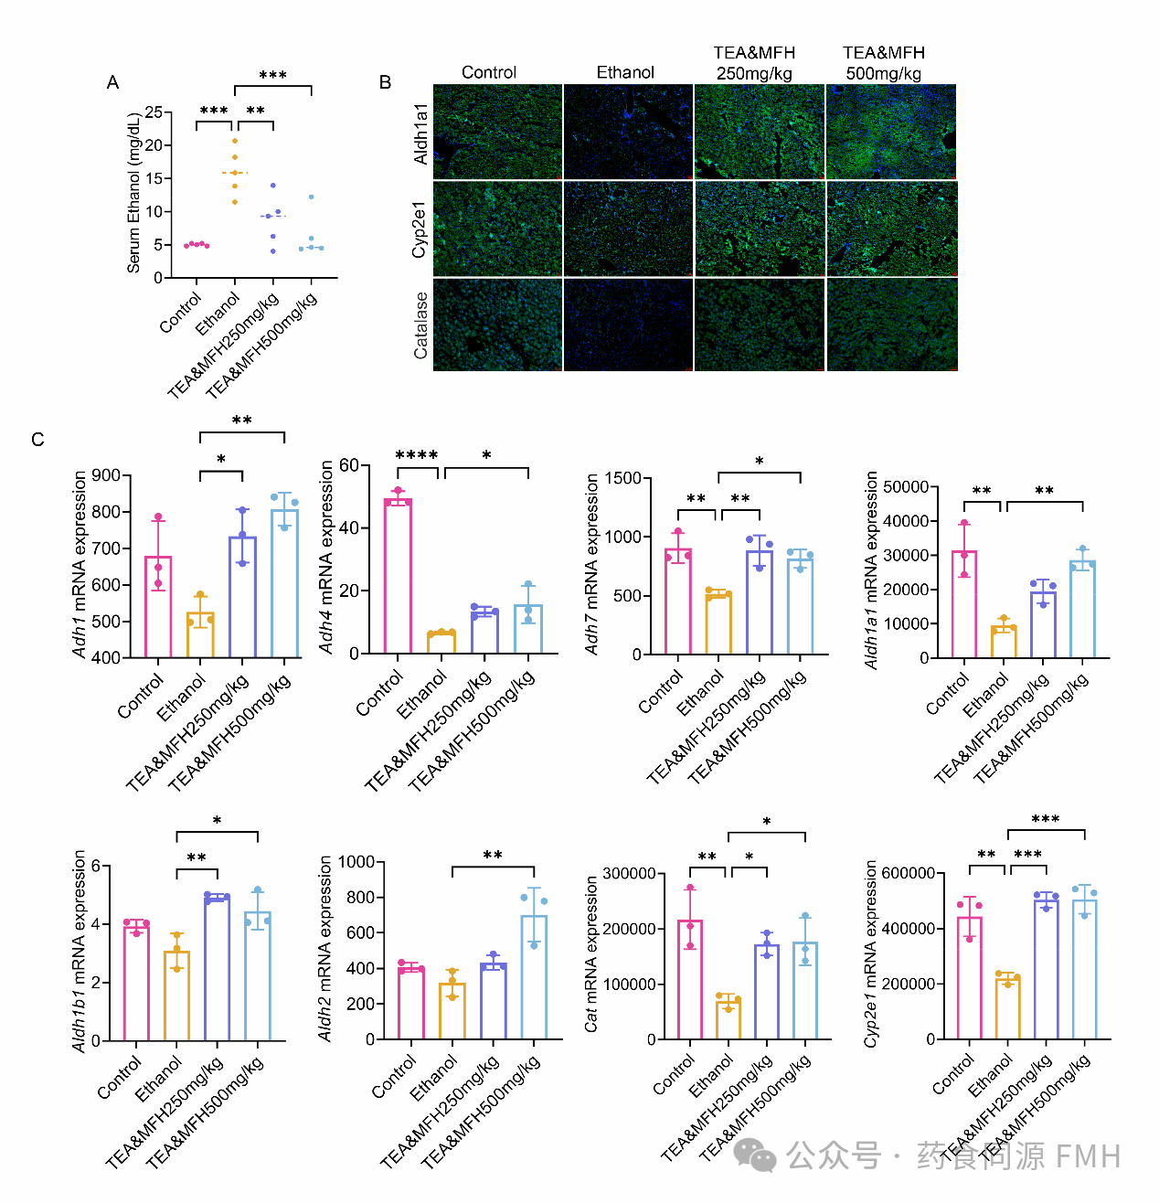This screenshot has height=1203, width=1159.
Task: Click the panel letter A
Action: pos(112,83)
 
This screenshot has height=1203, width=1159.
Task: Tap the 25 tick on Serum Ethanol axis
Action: pos(153,112)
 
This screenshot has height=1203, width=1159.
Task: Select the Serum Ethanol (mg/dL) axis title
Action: pos(134,193)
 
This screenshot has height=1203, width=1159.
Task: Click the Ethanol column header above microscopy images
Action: pos(625,72)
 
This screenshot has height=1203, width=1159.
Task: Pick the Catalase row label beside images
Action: pos(420,325)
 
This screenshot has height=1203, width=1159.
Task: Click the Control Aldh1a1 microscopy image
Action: pos(497,132)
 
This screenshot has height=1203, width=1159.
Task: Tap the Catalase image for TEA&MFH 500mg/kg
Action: pos(891,325)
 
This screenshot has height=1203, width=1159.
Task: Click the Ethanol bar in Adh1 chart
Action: pos(200,634)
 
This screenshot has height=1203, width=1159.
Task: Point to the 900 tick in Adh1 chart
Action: pos(106,475)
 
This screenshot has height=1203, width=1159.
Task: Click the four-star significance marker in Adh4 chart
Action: pos(417,455)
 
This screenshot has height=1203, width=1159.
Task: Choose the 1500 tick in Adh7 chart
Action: pos(622,478)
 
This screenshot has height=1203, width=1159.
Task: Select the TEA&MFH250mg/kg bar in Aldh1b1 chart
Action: pos(217,969)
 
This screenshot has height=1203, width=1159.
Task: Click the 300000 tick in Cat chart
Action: pos(632,874)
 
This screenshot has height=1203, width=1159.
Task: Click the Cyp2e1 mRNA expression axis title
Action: pos(871,953)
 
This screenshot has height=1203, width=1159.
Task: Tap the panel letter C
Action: pos(37,441)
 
